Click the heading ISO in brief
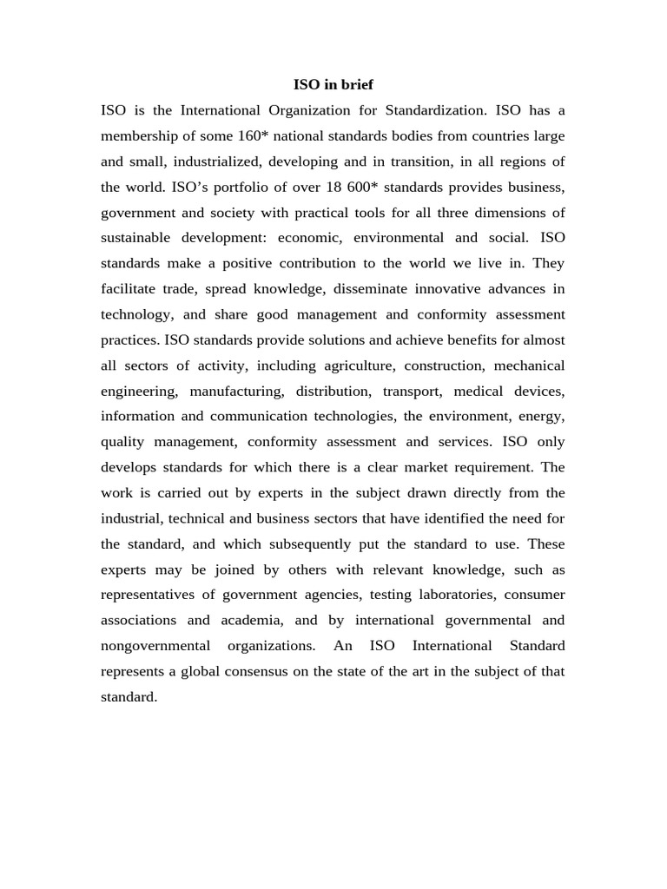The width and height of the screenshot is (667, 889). (x=333, y=85)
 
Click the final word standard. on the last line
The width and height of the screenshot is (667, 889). (x=129, y=697)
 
